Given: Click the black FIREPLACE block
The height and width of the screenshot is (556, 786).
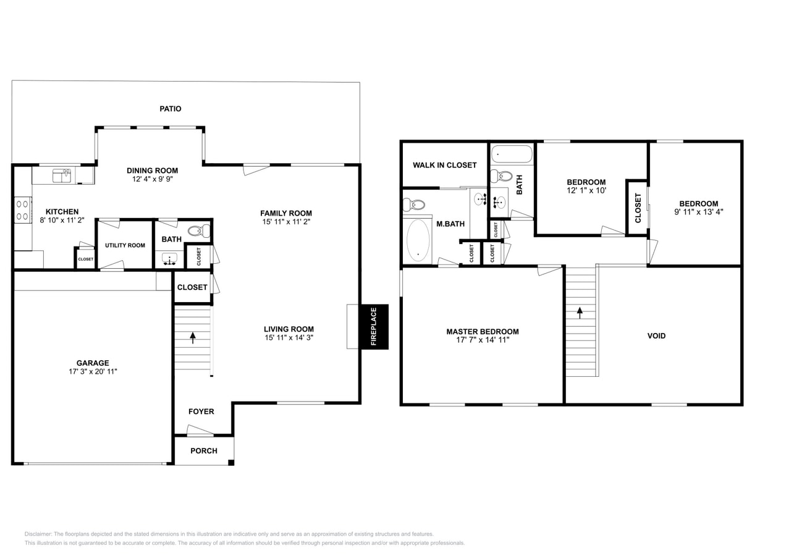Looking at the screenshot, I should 374,326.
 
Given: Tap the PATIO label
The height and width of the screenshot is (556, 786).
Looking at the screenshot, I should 171,109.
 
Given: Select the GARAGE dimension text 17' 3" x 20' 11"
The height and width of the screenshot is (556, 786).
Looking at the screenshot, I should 93,372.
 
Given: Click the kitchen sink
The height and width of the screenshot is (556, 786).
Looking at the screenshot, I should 62,176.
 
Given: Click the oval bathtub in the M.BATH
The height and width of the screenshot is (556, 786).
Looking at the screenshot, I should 418,240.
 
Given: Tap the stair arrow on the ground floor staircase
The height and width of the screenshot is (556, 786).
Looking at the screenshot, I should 193,338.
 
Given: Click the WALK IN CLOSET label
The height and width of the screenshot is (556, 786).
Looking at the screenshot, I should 444,165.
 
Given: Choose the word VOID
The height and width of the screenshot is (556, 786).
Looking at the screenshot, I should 656,336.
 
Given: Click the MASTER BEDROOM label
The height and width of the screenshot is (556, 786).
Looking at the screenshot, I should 482,332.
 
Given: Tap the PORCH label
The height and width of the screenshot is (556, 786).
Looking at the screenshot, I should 203,451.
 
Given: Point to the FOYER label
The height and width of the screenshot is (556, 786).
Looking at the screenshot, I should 201,411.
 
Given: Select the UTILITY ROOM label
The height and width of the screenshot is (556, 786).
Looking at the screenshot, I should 125,245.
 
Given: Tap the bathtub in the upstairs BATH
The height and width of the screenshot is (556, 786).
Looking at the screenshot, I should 512,154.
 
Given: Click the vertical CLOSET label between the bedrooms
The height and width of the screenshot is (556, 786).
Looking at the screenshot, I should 638,208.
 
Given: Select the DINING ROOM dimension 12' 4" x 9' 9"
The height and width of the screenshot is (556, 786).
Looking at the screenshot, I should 152,179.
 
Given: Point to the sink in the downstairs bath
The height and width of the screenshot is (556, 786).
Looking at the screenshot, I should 169,259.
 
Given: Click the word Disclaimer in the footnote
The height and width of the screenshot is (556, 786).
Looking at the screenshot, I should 38,534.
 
